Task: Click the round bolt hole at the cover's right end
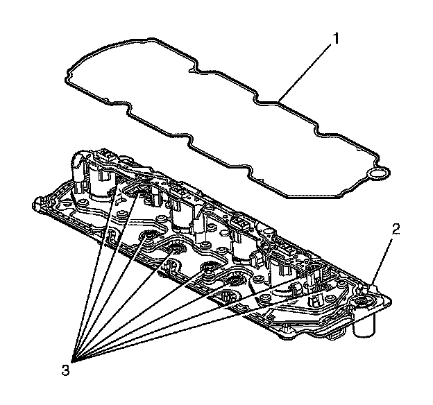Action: tap(362, 302)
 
